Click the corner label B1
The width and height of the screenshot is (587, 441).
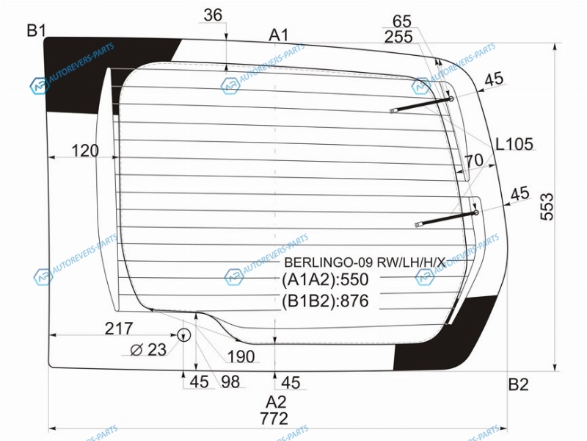click(x=36, y=30)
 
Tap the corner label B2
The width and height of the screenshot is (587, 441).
click(x=519, y=384)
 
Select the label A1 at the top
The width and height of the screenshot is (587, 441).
click(x=279, y=35)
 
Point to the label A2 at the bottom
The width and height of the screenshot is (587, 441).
click(x=276, y=402)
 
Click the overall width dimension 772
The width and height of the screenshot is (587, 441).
click(x=274, y=418)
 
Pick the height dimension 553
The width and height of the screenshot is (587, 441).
click(x=547, y=207)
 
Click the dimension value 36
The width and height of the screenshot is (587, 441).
click(x=213, y=15)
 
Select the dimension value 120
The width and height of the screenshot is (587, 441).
click(x=85, y=151)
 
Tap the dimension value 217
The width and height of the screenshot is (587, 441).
click(x=119, y=329)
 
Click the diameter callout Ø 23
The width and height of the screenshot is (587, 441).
click(x=148, y=350)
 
